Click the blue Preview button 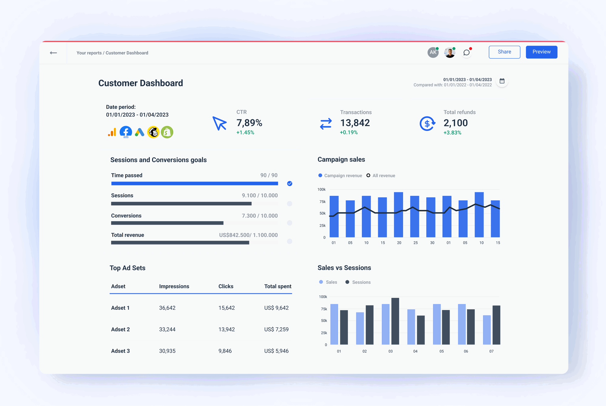pyautogui.click(x=541, y=52)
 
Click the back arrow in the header pyautogui.click(x=53, y=53)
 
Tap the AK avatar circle pyautogui.click(x=433, y=52)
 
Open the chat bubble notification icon pyautogui.click(x=466, y=53)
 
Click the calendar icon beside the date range pyautogui.click(x=502, y=81)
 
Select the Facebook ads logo pyautogui.click(x=126, y=132)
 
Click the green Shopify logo pyautogui.click(x=167, y=132)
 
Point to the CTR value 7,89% pyautogui.click(x=249, y=123)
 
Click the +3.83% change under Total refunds pyautogui.click(x=452, y=133)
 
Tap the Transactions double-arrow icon pyautogui.click(x=326, y=124)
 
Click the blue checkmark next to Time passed pyautogui.click(x=290, y=184)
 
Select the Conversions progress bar pyautogui.click(x=167, y=223)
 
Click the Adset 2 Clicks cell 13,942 pyautogui.click(x=226, y=329)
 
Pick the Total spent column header pyautogui.click(x=278, y=286)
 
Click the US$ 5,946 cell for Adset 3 pyautogui.click(x=276, y=351)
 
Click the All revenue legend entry pyautogui.click(x=381, y=175)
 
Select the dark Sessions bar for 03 pyautogui.click(x=395, y=321)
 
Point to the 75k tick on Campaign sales pyautogui.click(x=322, y=202)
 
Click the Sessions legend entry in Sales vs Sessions pyautogui.click(x=358, y=282)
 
